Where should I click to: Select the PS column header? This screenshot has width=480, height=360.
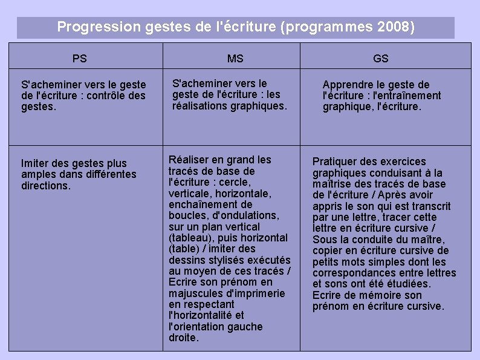[x=79, y=59]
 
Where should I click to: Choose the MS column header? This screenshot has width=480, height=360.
[x=235, y=59]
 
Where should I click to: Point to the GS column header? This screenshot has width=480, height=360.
[x=381, y=59]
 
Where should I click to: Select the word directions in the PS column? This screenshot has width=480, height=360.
[x=45, y=186]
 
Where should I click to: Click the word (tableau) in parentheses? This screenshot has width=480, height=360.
[x=192, y=238]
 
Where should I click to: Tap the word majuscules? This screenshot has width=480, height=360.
[x=196, y=293]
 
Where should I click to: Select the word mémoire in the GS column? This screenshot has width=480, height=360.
[x=377, y=295]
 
